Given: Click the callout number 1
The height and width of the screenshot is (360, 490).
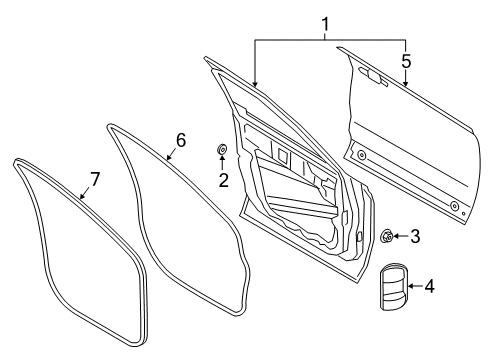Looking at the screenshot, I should point(324,22).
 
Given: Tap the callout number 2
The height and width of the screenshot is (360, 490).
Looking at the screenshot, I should point(224,180).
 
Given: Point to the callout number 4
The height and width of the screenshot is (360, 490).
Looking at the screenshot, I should point(429,287).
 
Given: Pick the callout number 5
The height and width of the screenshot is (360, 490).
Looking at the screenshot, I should point(405,62).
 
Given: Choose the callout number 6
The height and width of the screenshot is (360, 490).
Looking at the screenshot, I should point(180,140).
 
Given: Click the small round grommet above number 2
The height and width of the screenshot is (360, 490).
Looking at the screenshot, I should point(222,151).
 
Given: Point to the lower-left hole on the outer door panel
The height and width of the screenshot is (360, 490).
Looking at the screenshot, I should point(361,154).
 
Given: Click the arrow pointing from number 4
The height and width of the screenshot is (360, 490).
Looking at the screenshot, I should point(413,287).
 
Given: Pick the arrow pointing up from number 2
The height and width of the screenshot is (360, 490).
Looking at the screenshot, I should point(223,164).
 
